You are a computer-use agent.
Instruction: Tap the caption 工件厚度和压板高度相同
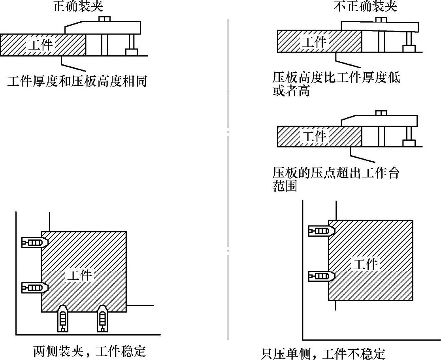(x=77, y=81)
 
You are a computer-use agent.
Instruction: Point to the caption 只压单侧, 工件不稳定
(x=323, y=353)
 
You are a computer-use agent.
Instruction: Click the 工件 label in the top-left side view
(x=40, y=44)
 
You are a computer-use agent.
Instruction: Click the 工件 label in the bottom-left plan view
(x=79, y=275)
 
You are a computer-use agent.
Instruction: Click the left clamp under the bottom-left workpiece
(x=62, y=318)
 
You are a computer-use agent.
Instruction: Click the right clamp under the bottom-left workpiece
(x=102, y=318)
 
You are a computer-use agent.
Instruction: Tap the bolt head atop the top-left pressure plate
(x=104, y=19)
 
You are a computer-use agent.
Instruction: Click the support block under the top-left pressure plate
(x=131, y=52)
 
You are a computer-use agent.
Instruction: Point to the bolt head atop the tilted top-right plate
(x=381, y=19)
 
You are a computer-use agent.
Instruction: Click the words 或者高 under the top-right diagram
(x=291, y=91)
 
